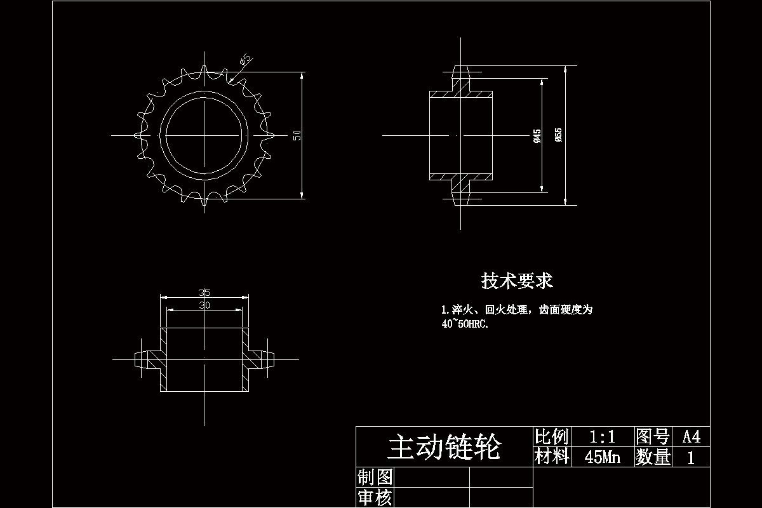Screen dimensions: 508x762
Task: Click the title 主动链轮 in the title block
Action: tap(444, 448)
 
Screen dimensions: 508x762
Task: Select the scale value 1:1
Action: tap(602, 437)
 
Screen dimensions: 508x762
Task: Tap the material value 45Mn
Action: tap(602, 457)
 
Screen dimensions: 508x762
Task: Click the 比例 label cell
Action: tap(551, 437)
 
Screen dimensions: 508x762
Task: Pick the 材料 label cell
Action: tap(551, 457)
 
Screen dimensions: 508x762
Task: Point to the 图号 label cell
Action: tap(652, 437)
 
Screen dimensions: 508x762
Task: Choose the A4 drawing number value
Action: tap(691, 437)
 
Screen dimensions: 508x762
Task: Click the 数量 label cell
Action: tap(652, 457)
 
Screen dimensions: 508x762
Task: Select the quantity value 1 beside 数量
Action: tap(691, 457)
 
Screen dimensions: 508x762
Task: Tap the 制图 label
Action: tap(375, 477)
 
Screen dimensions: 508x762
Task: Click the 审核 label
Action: tap(375, 497)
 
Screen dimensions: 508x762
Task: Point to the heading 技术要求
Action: tap(517, 281)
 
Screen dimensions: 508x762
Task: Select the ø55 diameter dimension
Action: tap(558, 135)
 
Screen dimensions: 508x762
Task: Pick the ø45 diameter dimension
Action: tap(537, 135)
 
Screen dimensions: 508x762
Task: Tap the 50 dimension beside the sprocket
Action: tap(297, 135)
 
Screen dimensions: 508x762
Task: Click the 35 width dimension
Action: tap(204, 293)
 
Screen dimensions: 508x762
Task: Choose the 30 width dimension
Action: tap(204, 305)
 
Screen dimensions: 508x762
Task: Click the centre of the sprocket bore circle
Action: tap(204, 135)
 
